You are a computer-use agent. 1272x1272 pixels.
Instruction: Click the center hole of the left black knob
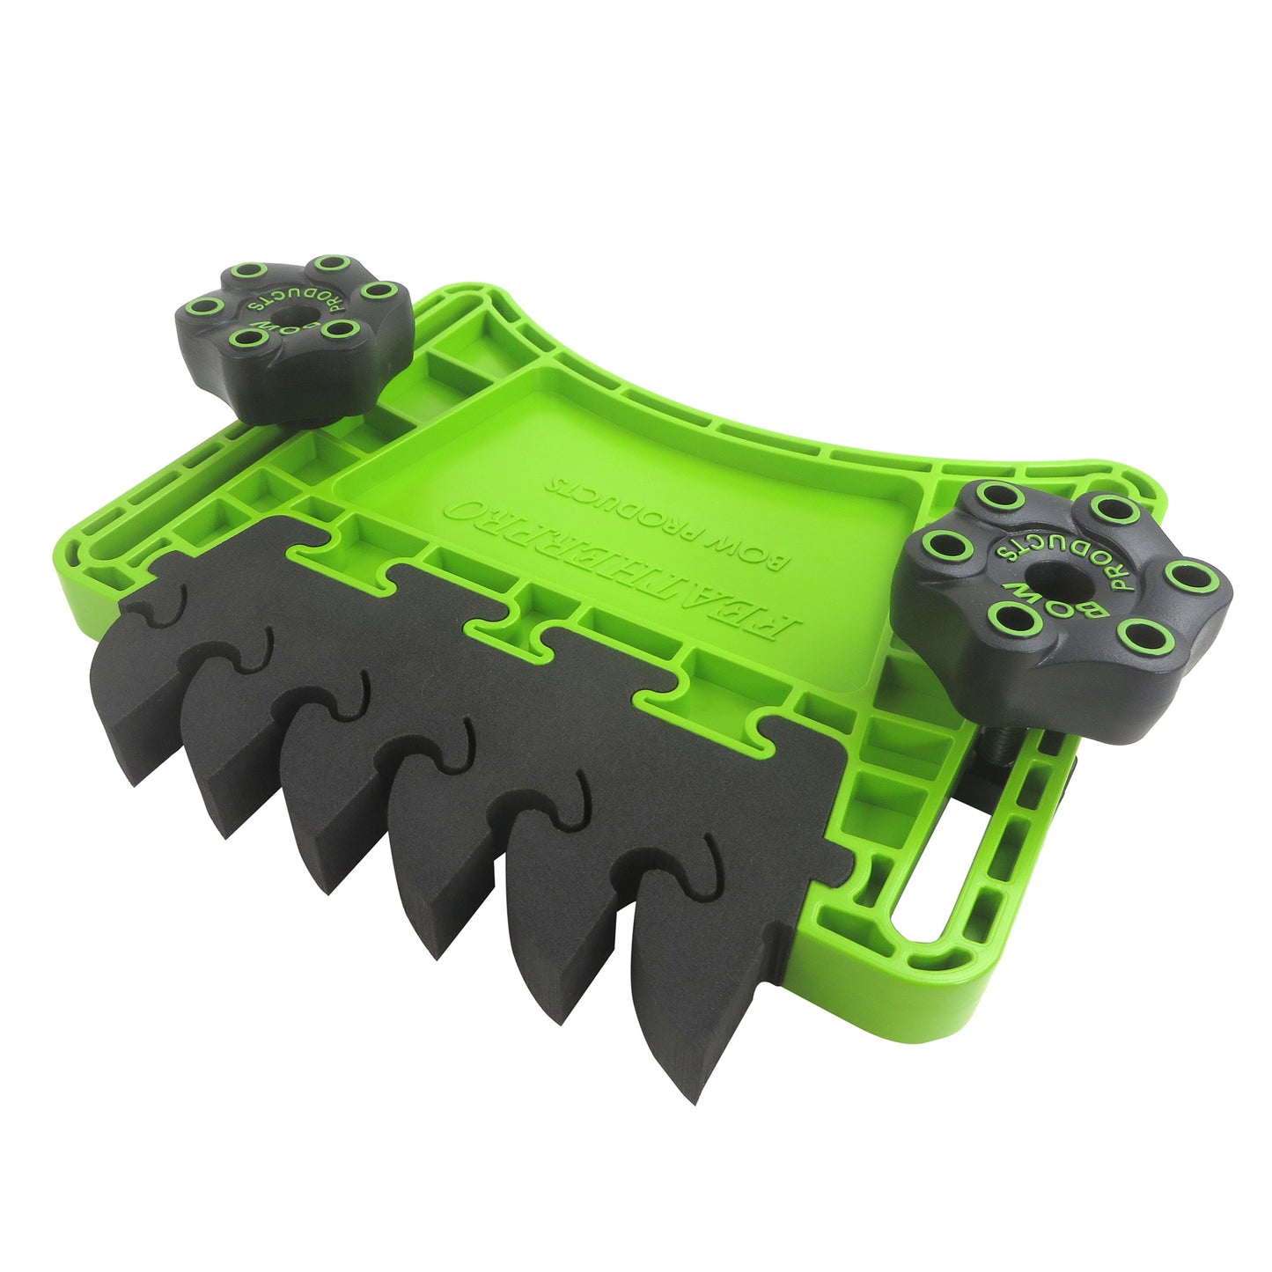[291, 312]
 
